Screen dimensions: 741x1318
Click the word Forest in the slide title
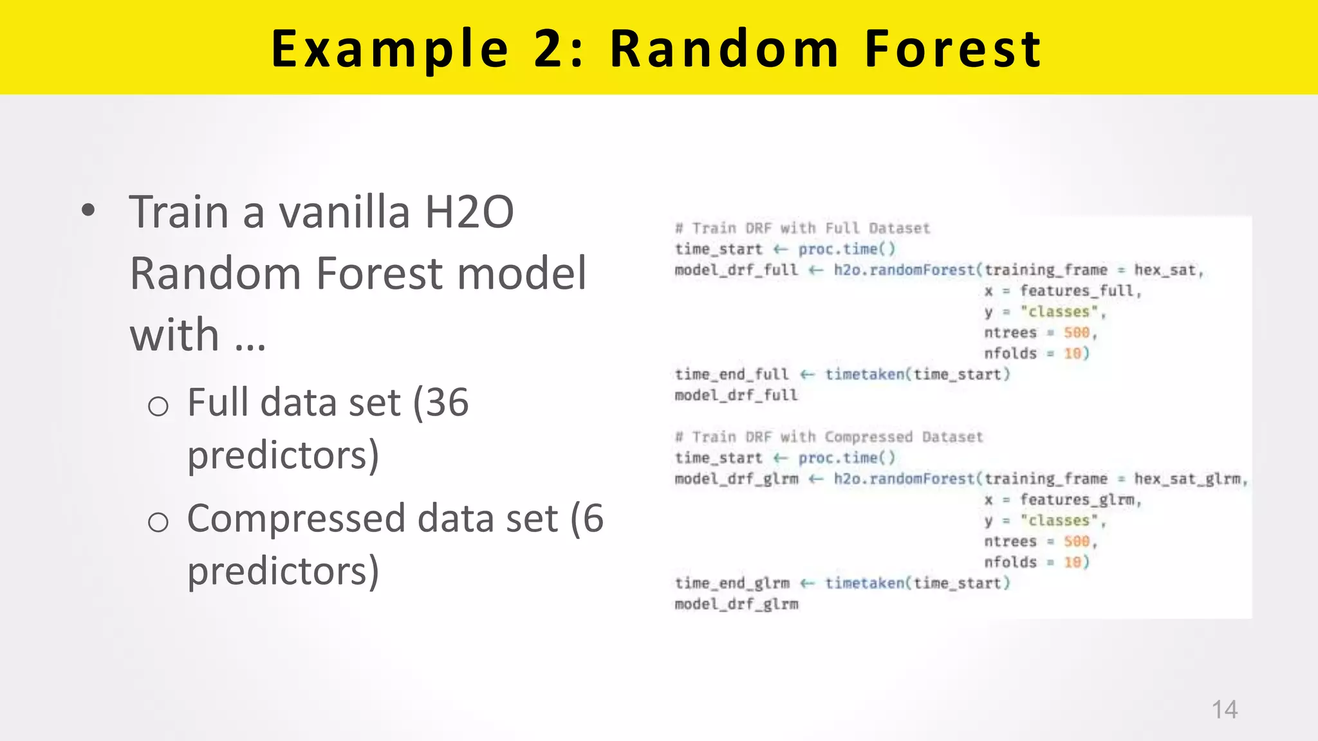click(953, 49)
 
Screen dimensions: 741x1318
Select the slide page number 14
click(1224, 709)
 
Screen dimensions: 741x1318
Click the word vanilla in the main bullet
click(344, 212)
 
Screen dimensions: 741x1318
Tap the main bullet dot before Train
click(88, 210)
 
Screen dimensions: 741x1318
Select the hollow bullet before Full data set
click(158, 407)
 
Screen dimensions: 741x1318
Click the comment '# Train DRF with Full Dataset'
click(803, 228)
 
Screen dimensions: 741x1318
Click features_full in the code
click(1079, 291)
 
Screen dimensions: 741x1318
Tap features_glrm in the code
click(1079, 500)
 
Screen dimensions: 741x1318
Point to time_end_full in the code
click(731, 374)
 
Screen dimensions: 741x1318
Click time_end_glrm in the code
click(732, 583)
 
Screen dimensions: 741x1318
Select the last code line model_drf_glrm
click(736, 605)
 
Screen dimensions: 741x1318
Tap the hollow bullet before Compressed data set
click(158, 522)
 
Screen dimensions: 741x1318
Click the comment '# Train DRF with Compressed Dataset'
click(829, 437)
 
